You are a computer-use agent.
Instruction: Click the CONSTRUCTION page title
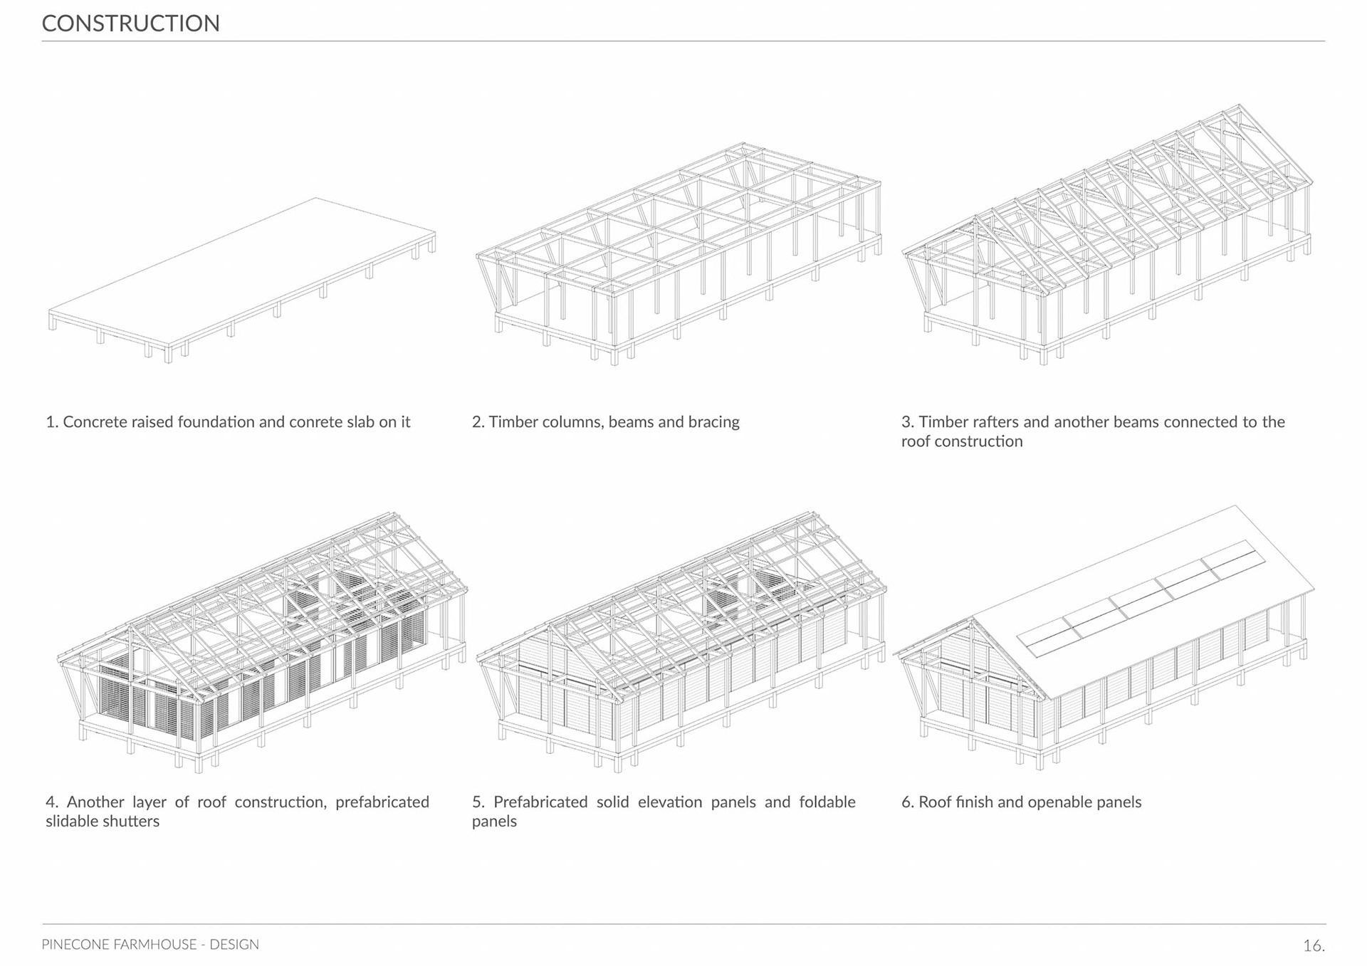(x=130, y=23)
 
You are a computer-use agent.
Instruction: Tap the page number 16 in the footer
(x=1312, y=945)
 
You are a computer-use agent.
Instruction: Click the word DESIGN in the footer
(x=234, y=945)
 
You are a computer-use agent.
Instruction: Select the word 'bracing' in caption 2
(x=714, y=422)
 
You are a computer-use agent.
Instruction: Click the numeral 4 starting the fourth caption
(x=51, y=802)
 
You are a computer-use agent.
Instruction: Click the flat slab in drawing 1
(x=242, y=271)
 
